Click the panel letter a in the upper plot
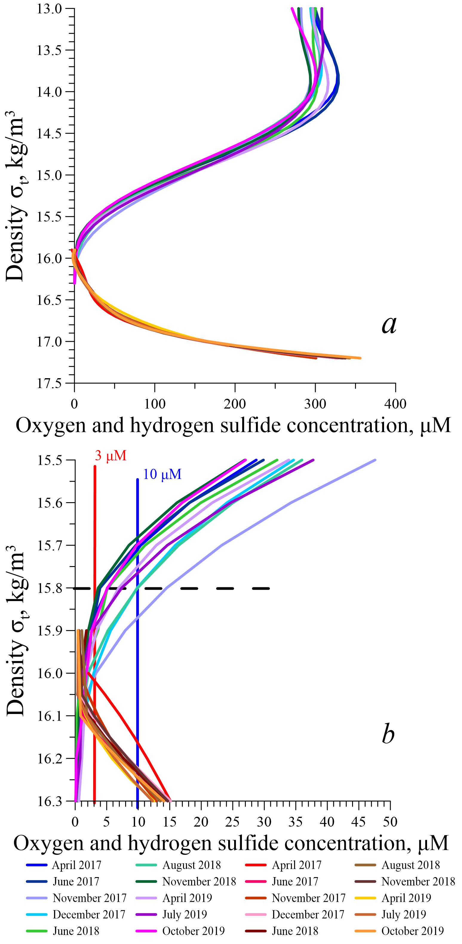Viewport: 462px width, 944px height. tap(389, 325)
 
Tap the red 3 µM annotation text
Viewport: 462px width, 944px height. tap(110, 456)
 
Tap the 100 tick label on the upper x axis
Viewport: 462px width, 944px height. tap(155, 404)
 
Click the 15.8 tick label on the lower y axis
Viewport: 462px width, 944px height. tap(50, 588)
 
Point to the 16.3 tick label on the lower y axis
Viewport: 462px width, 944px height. tap(50, 801)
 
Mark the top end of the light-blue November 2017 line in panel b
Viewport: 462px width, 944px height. tap(375, 460)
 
